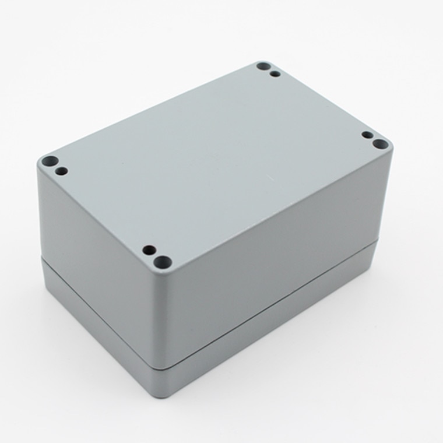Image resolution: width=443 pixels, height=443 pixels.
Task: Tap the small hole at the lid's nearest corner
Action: coord(149,249)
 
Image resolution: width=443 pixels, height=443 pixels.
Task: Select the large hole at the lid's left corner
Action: coord(49,160)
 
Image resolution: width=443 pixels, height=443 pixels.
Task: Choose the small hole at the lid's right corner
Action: coord(367,135)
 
